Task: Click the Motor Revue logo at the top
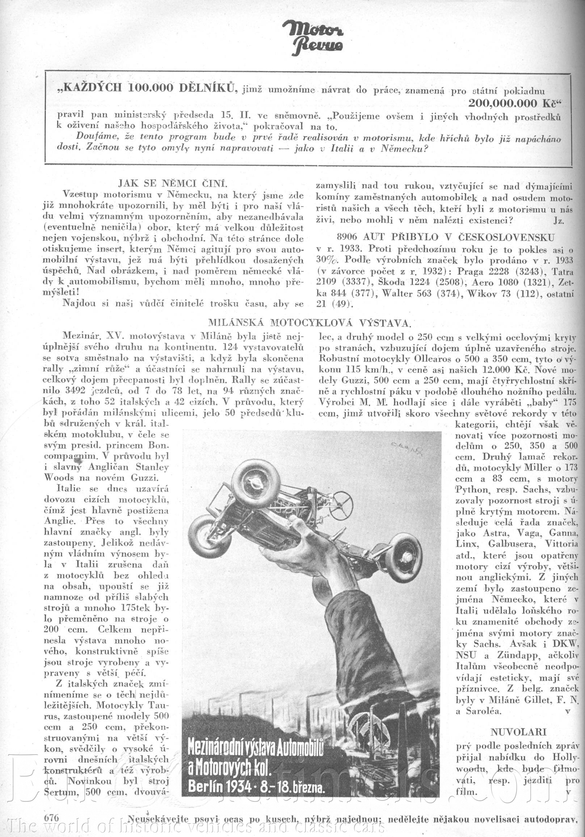click(x=313, y=37)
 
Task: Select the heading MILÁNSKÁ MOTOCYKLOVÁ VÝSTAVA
click(x=310, y=322)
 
